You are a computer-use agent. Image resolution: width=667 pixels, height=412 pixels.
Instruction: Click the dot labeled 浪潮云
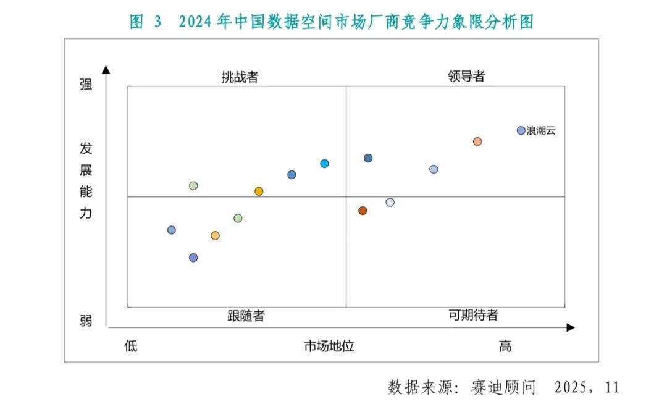(521, 130)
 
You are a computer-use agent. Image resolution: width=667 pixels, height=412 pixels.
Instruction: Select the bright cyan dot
(324, 164)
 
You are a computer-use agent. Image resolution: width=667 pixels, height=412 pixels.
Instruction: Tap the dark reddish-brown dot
(363, 211)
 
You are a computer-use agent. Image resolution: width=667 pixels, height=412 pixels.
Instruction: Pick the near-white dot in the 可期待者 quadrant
(390, 202)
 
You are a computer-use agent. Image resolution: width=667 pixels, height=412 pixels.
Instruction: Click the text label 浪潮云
(540, 130)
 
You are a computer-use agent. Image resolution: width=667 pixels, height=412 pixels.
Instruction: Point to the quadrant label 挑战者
(240, 77)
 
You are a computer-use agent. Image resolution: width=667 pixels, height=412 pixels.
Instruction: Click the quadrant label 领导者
(466, 77)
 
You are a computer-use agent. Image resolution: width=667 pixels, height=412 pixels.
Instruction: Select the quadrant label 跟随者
(246, 316)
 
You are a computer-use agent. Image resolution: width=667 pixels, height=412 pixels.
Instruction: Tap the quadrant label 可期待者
(473, 315)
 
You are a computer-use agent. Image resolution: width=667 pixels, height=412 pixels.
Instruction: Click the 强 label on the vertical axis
(86, 85)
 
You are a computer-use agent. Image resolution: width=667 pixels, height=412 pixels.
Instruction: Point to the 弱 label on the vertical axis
(86, 321)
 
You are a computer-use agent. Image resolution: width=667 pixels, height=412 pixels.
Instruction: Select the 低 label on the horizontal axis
(130, 346)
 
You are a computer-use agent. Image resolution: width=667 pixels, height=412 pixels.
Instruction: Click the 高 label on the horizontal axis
(505, 346)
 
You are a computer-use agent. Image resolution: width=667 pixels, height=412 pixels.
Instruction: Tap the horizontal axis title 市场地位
(329, 346)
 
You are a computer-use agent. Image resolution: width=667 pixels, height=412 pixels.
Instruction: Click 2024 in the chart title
(196, 22)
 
